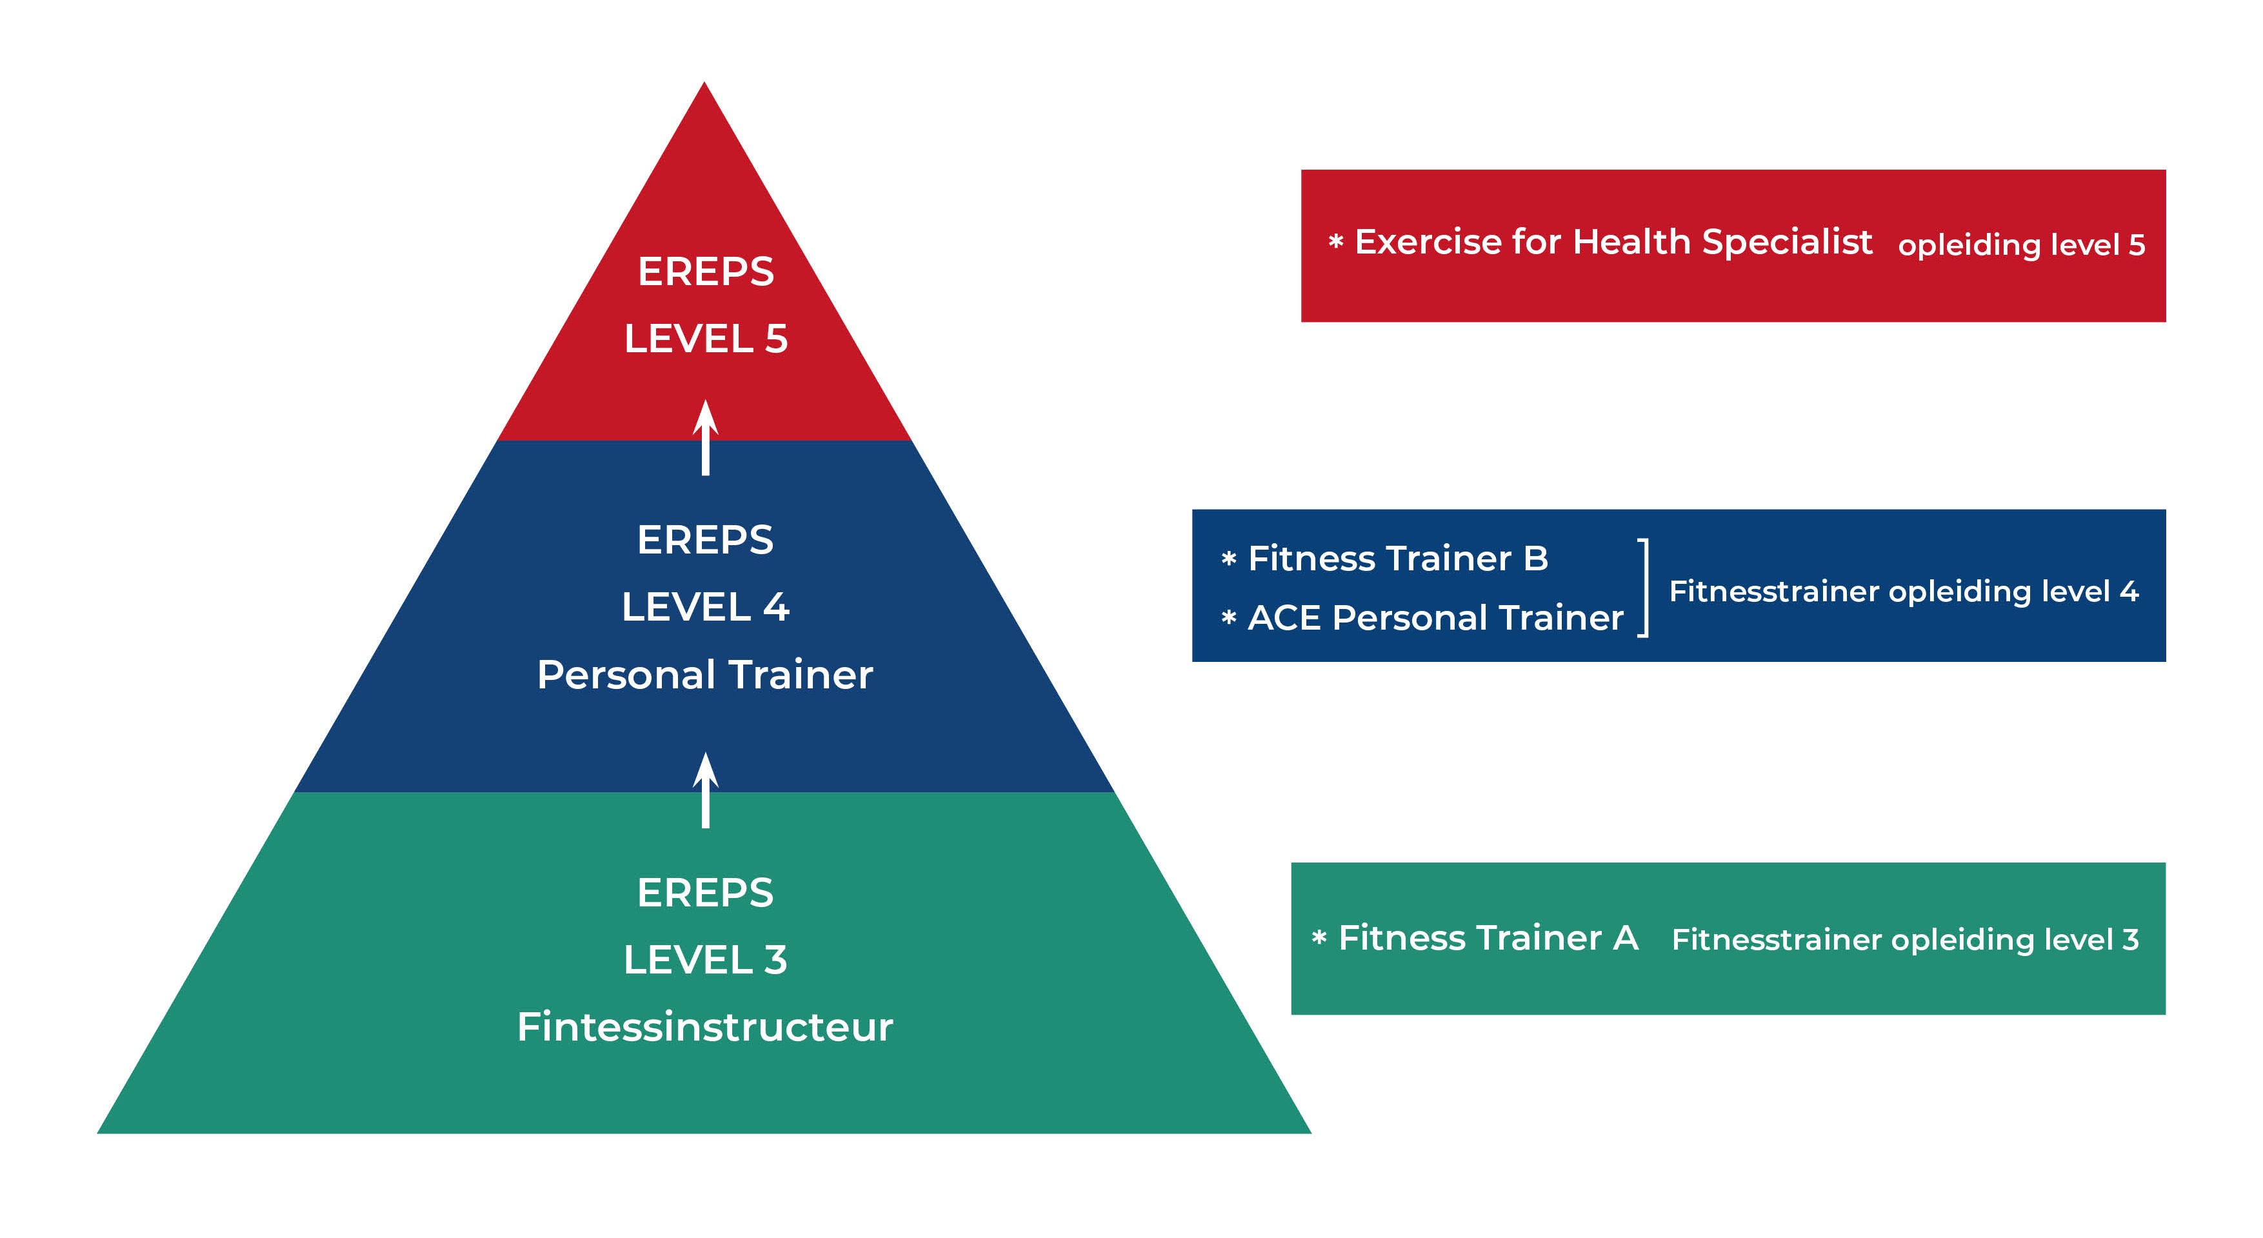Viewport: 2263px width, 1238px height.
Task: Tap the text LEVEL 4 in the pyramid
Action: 706,607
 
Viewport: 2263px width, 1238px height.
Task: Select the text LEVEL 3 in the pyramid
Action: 706,959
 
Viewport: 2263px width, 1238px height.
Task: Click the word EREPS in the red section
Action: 706,272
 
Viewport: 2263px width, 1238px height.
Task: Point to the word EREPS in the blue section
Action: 706,539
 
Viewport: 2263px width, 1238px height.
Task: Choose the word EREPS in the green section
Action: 706,893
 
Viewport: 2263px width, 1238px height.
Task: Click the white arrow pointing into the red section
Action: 706,437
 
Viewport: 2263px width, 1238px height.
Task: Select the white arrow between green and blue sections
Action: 706,790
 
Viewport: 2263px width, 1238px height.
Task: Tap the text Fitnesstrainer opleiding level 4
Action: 1904,592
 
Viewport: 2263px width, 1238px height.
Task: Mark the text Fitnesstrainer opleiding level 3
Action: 1904,940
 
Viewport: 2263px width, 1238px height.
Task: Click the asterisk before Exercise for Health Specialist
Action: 1336,242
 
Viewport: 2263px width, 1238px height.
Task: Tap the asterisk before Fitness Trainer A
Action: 1319,939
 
